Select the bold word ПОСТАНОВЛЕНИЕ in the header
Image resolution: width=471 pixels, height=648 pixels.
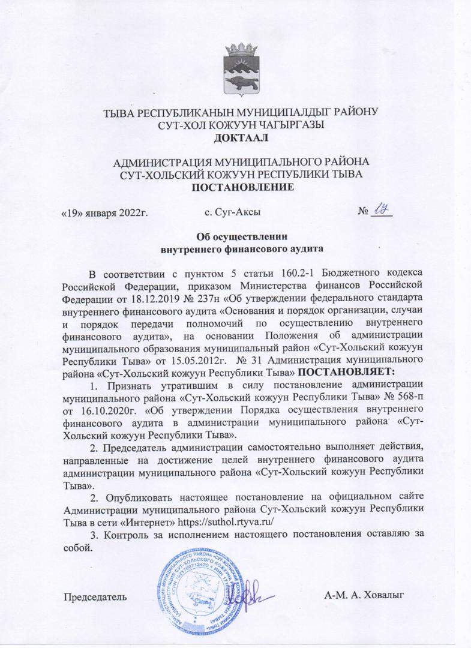tap(242, 187)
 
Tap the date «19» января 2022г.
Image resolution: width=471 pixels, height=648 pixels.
tap(106, 212)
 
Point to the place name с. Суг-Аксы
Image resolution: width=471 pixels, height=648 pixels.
tap(232, 212)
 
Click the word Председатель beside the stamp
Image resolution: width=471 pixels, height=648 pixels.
tap(95, 596)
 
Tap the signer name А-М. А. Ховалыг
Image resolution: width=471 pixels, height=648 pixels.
tap(365, 595)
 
